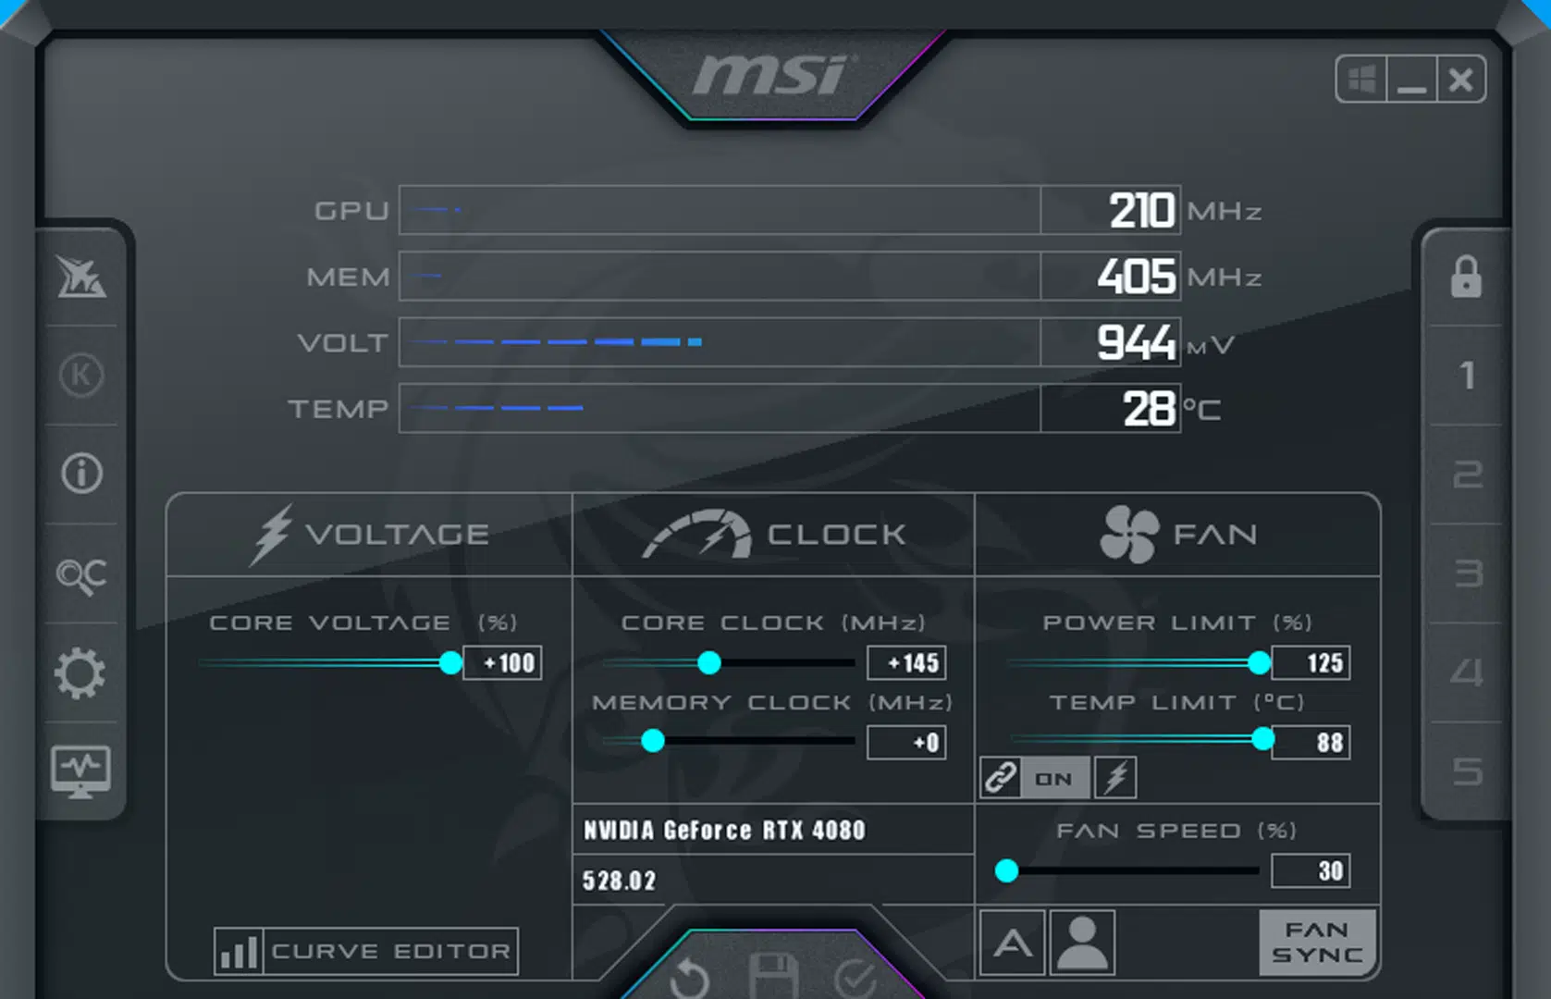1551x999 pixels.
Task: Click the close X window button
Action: click(1461, 80)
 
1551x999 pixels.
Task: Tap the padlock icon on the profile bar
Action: click(1466, 277)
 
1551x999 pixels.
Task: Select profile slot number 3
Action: click(1468, 573)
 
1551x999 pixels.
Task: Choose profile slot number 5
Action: click(1468, 771)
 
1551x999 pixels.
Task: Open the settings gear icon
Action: click(80, 672)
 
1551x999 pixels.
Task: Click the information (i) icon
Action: click(81, 474)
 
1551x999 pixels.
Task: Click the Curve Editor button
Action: click(366, 951)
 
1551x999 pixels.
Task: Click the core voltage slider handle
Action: click(450, 662)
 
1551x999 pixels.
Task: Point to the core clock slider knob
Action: click(709, 662)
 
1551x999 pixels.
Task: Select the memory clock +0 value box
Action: click(906, 743)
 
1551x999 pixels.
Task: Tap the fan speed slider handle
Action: click(1007, 870)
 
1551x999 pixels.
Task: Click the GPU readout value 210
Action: click(1142, 211)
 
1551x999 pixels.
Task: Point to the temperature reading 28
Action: click(1149, 409)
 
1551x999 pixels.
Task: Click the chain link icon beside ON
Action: click(1001, 778)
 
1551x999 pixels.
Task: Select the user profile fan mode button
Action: click(1083, 943)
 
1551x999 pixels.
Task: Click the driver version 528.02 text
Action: click(619, 881)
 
